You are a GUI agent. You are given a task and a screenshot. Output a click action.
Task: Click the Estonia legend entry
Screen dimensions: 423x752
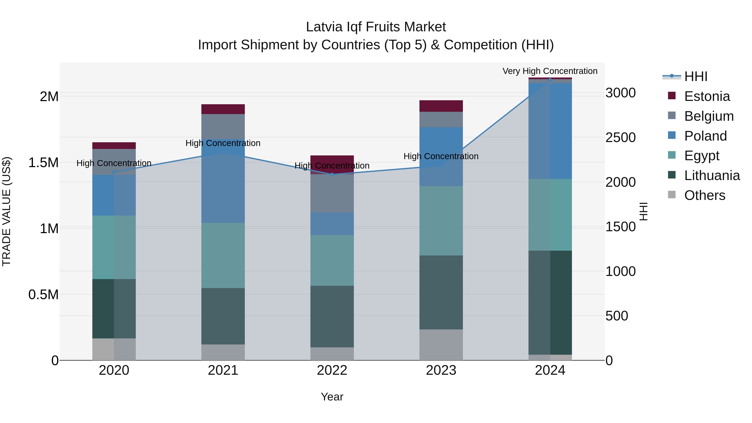(707, 96)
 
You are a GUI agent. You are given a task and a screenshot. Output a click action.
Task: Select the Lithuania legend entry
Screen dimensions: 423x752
(712, 175)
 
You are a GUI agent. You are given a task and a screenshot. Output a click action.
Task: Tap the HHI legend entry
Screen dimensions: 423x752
(696, 76)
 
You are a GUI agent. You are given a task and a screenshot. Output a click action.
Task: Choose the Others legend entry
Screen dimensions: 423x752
(704, 195)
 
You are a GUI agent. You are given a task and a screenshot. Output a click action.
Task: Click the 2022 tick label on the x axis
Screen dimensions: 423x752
(332, 370)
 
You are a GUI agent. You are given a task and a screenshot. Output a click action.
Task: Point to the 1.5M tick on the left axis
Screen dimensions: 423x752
(43, 163)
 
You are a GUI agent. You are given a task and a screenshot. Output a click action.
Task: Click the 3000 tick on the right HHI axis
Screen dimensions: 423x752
(620, 93)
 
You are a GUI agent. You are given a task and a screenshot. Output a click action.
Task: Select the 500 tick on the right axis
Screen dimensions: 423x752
(617, 316)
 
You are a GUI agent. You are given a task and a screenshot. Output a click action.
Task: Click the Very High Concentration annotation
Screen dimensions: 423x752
(550, 71)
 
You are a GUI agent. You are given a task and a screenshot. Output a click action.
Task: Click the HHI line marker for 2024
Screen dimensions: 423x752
(550, 80)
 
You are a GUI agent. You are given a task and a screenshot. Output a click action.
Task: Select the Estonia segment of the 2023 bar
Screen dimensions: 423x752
(441, 106)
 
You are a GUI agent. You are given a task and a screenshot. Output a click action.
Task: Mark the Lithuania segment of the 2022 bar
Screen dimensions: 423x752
(332, 316)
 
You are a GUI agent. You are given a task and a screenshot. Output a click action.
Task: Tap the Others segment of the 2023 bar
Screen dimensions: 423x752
(441, 345)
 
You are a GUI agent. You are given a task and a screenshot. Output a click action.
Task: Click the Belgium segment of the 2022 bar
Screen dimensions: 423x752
(332, 193)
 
